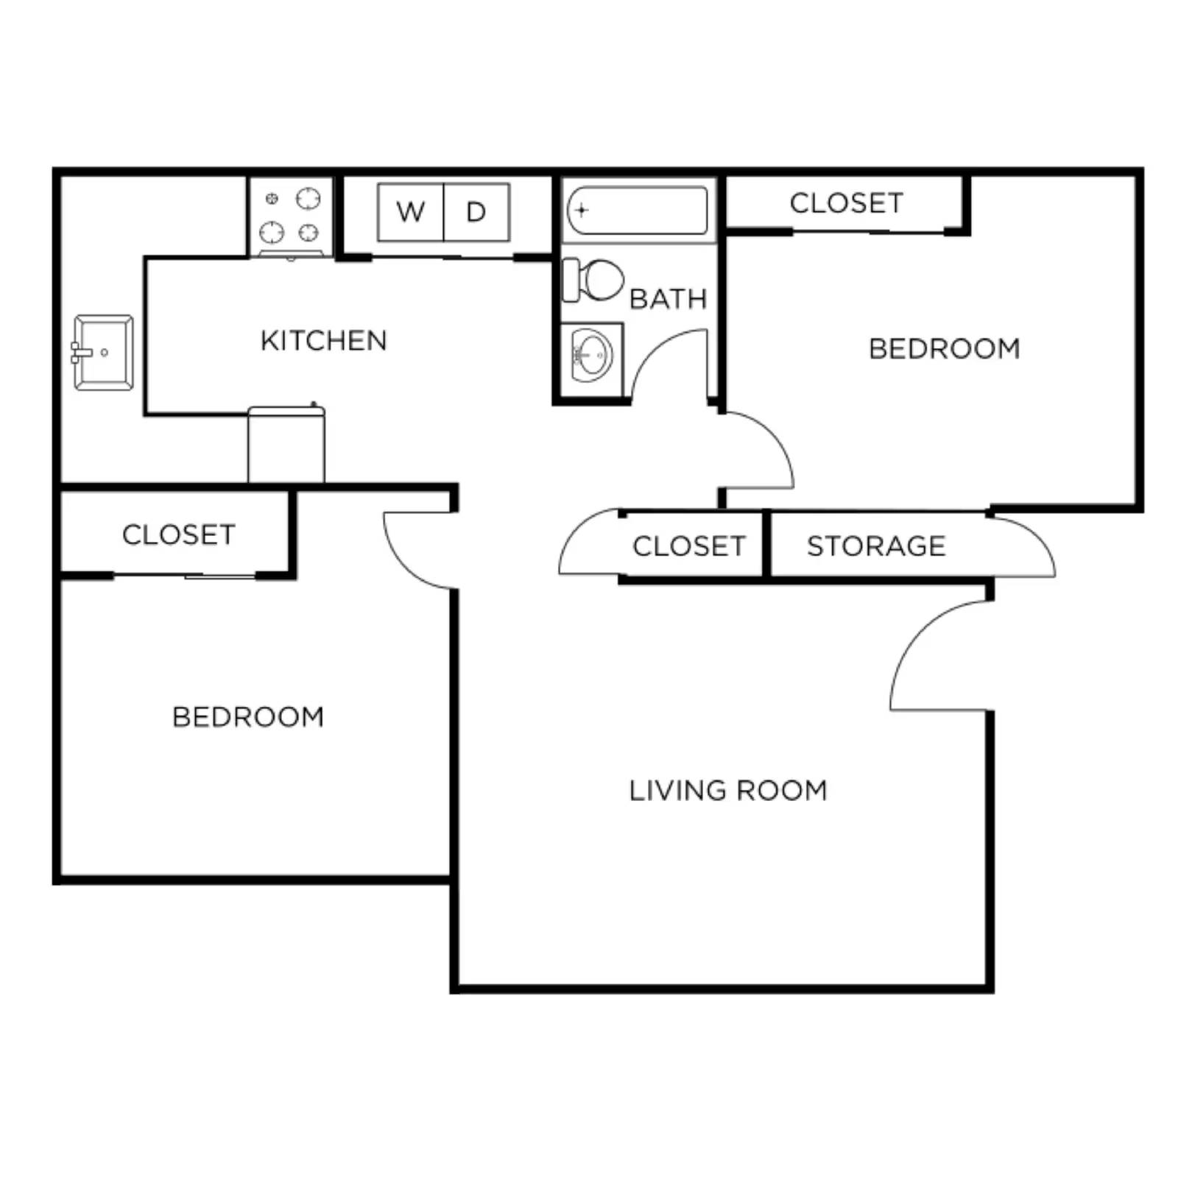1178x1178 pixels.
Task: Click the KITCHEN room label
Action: click(323, 341)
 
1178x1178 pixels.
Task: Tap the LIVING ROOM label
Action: click(727, 791)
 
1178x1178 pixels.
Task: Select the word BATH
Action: click(668, 299)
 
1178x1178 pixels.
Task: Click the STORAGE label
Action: click(876, 546)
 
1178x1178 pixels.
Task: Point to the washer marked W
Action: click(411, 212)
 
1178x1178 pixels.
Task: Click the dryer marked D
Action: click(476, 212)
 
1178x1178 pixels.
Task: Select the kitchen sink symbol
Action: click(103, 353)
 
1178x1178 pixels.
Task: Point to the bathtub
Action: click(638, 211)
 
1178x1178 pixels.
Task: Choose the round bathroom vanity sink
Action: click(592, 356)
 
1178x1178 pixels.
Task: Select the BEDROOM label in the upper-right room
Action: click(944, 349)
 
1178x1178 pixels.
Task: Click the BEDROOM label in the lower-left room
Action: click(248, 717)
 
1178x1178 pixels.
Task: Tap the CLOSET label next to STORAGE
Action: click(689, 546)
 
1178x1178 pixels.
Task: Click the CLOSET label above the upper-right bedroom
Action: click(846, 203)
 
